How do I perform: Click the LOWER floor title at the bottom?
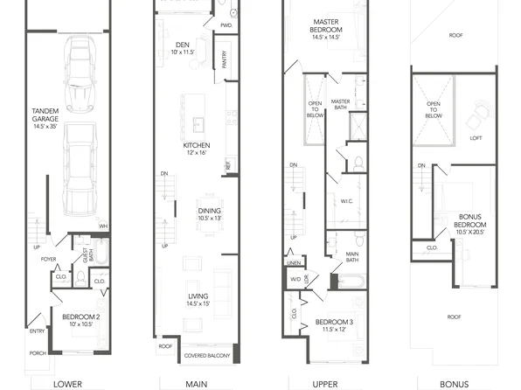coord(67,383)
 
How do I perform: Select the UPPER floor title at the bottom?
coord(326,383)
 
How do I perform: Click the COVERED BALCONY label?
coord(207,356)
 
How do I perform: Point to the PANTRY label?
coord(225,59)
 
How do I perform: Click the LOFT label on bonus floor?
coord(476,137)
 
